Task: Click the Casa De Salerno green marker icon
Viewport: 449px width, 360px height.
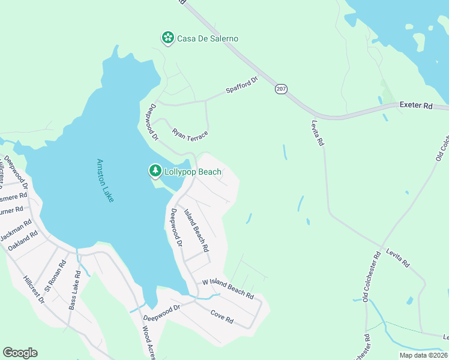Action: tap(168, 38)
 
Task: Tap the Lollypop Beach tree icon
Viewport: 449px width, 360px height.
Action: tap(155, 172)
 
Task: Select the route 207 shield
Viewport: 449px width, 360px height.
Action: tap(281, 89)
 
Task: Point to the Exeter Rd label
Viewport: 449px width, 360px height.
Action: tap(415, 106)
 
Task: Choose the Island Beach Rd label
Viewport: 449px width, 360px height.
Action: tap(196, 230)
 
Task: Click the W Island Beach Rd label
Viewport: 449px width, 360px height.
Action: tap(228, 289)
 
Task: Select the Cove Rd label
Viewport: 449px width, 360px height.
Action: tap(221, 316)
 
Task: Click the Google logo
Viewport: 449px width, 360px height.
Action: tap(20, 353)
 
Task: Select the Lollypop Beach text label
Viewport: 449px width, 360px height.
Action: tap(193, 172)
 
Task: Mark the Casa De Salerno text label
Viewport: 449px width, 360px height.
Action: tap(208, 38)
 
